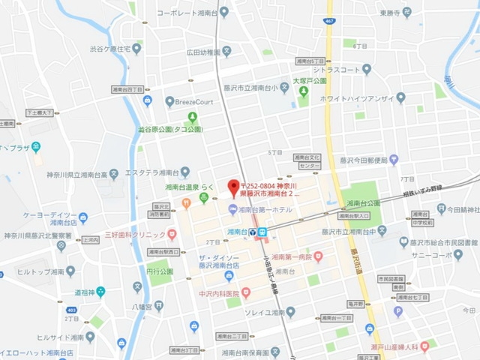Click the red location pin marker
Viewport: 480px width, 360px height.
click(232, 185)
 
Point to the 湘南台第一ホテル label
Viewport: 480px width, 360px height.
click(265, 209)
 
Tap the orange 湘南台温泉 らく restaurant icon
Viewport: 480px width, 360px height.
click(204, 199)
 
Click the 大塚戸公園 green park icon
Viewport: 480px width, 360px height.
click(303, 91)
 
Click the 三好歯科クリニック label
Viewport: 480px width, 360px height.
click(134, 235)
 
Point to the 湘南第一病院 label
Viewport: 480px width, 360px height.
click(286, 256)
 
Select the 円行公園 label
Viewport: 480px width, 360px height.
click(160, 271)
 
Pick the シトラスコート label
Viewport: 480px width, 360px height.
click(337, 70)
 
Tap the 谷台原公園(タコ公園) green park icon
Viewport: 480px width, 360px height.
click(193, 116)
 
